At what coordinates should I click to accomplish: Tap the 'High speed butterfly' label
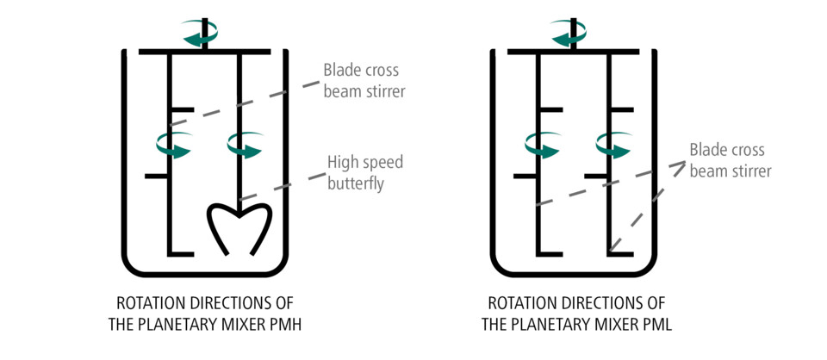364,172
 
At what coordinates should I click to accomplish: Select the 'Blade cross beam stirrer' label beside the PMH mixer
364,79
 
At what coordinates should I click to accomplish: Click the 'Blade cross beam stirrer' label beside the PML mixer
730,161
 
